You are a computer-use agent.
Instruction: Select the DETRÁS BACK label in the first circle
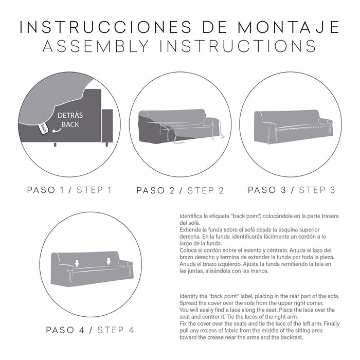tap(70, 120)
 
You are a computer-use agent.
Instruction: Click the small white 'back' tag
tap(44, 128)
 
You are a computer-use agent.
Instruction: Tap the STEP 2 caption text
tap(206, 190)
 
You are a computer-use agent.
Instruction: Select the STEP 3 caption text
tap(317, 190)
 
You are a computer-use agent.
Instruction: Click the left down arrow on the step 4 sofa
tap(77, 263)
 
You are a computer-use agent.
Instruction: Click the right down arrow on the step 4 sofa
tap(109, 261)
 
